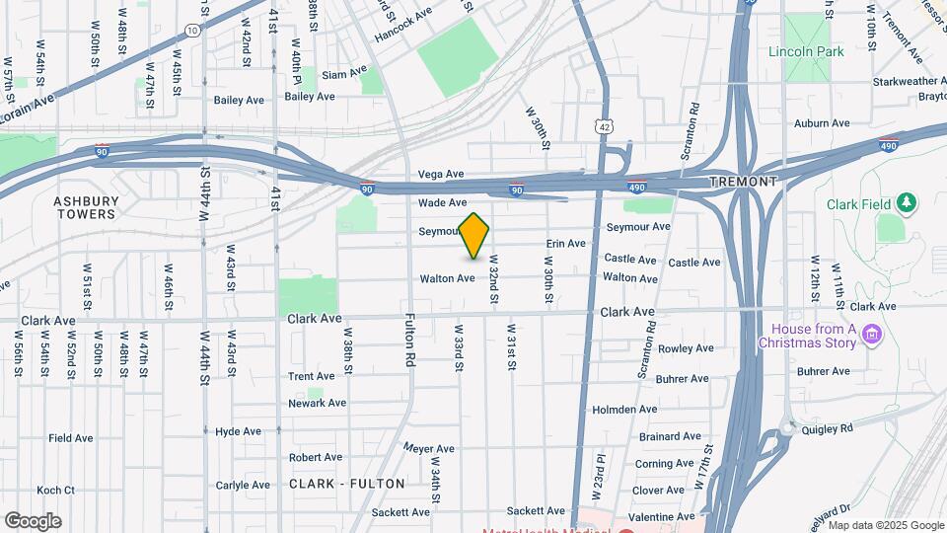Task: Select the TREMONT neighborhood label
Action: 743,182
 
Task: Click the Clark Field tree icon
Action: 908,203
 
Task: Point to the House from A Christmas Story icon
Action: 871,336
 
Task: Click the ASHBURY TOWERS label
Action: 86,207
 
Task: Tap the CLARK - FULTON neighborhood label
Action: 347,484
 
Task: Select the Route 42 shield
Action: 605,126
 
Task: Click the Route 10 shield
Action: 193,31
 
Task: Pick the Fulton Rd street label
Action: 409,341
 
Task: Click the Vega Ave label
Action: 441,174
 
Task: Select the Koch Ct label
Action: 55,490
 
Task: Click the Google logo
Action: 33,520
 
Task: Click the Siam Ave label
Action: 344,72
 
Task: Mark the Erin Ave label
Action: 566,243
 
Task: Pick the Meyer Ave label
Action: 428,448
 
